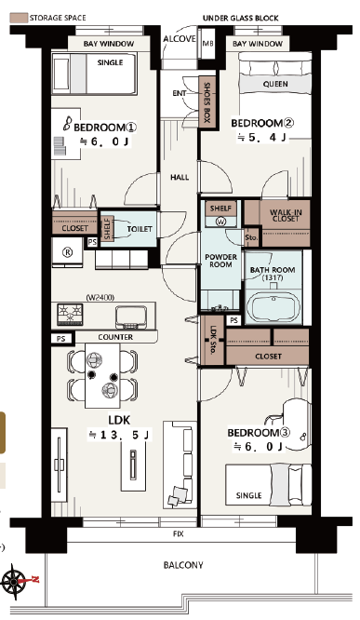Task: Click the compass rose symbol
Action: pyautogui.click(x=15, y=581)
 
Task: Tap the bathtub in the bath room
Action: pyautogui.click(x=273, y=307)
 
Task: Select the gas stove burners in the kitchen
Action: pyautogui.click(x=70, y=315)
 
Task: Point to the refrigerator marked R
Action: pyautogui.click(x=68, y=252)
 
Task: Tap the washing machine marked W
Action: pyautogui.click(x=220, y=222)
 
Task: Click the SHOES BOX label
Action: pyautogui.click(x=207, y=102)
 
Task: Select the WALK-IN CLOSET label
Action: pyautogui.click(x=286, y=215)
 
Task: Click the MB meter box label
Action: pyautogui.click(x=207, y=44)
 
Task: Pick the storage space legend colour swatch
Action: pyautogui.click(x=19, y=18)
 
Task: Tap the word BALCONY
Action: pyautogui.click(x=183, y=565)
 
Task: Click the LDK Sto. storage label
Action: pyautogui.click(x=213, y=340)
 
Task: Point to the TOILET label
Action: pyautogui.click(x=140, y=229)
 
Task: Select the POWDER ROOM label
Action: pyautogui.click(x=220, y=261)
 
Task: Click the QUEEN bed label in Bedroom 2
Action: pyautogui.click(x=275, y=84)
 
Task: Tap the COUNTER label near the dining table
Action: pyautogui.click(x=115, y=337)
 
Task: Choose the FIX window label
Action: pyautogui.click(x=179, y=533)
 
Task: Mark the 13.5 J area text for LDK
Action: pyautogui.click(x=119, y=436)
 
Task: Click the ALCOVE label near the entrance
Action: pyautogui.click(x=180, y=39)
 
